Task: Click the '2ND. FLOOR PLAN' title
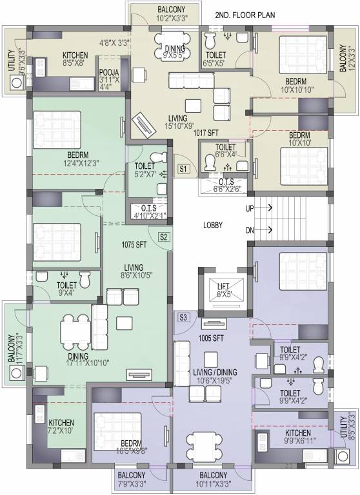click(245, 15)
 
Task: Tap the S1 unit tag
click(183, 169)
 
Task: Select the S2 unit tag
click(164, 237)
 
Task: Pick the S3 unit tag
click(183, 317)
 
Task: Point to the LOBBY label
click(213, 225)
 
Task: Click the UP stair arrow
click(265, 208)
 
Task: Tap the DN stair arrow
click(265, 230)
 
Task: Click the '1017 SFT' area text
click(206, 133)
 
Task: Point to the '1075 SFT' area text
click(134, 244)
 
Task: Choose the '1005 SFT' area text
click(211, 338)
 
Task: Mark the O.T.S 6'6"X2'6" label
click(226, 186)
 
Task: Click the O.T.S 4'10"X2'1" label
click(148, 212)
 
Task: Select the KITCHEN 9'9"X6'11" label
click(297, 436)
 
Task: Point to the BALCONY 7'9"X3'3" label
click(132, 479)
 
